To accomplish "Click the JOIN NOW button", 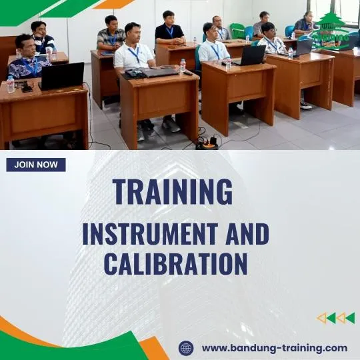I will [36, 165].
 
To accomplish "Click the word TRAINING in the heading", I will [173, 191].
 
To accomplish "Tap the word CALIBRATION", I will [175, 263].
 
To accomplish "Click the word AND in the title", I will [244, 234].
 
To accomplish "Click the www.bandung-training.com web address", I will [274, 347].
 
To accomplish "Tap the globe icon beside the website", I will [186, 348].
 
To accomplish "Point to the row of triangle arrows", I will [335, 318].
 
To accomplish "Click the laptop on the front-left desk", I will [62, 76].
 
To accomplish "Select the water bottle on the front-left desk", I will [10, 83].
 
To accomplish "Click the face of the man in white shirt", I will [133, 32].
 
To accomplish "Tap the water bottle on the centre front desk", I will [183, 66].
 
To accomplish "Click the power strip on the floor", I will [207, 143].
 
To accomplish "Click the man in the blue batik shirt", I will [25, 63].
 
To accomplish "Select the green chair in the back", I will [237, 31].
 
